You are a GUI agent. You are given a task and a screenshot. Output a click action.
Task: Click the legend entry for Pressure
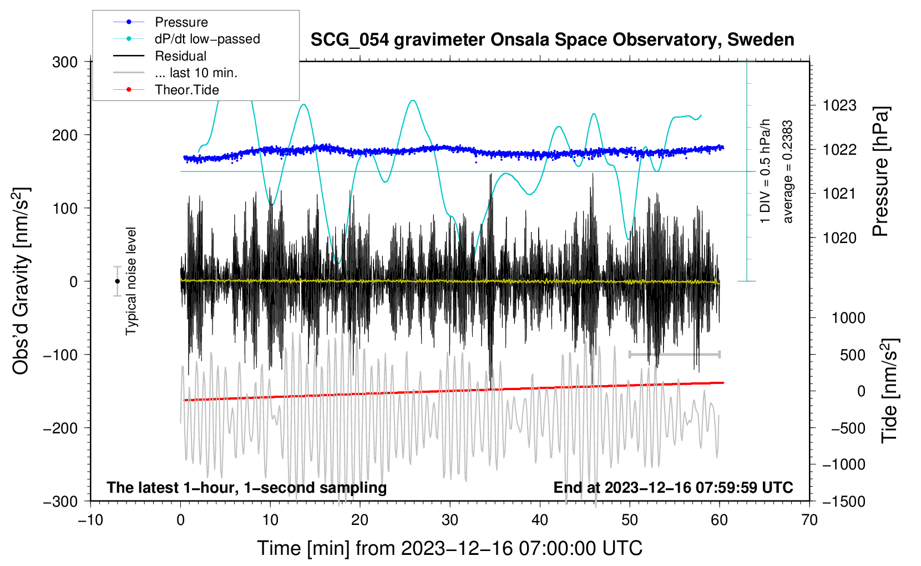pyautogui.click(x=181, y=22)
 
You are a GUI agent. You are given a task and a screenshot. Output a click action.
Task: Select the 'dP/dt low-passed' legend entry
pyautogui.click(x=207, y=39)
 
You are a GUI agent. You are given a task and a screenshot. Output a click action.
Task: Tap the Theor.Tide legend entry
pyautogui.click(x=186, y=90)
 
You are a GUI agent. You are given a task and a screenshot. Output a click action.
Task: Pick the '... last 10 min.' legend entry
pyautogui.click(x=196, y=73)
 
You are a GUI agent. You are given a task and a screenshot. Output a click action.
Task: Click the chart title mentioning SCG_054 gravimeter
pyautogui.click(x=552, y=40)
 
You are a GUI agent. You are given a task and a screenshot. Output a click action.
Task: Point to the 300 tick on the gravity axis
pyautogui.click(x=65, y=62)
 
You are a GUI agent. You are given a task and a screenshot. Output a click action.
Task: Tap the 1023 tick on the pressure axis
pyautogui.click(x=839, y=105)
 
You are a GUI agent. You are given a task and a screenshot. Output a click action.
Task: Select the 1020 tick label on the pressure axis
pyautogui.click(x=839, y=238)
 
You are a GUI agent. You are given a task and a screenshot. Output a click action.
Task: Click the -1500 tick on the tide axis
pyautogui.click(x=843, y=501)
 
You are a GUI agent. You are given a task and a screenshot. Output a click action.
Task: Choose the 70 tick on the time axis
pyautogui.click(x=809, y=520)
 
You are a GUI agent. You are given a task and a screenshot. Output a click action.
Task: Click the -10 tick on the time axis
pyautogui.click(x=90, y=520)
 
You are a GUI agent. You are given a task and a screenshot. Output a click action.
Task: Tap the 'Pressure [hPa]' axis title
pyautogui.click(x=881, y=172)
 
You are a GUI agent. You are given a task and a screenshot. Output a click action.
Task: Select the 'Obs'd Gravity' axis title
pyautogui.click(x=21, y=281)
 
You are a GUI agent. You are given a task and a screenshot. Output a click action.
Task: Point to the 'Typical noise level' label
pyautogui.click(x=131, y=281)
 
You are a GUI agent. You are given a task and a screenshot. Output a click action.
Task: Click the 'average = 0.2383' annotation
pyautogui.click(x=787, y=172)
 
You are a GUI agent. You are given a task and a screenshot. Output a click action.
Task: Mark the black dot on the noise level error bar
pyautogui.click(x=117, y=281)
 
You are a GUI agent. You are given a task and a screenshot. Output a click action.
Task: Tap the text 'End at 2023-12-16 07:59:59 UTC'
pyautogui.click(x=673, y=487)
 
